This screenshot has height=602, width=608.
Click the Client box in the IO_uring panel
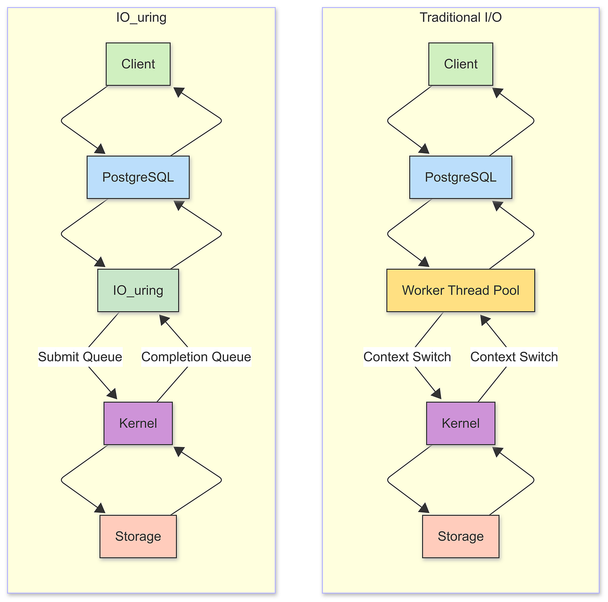pos(138,64)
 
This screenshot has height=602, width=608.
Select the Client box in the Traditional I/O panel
pos(460,64)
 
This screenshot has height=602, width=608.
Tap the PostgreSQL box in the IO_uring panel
pos(138,177)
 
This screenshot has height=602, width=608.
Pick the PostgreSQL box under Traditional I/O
pos(460,177)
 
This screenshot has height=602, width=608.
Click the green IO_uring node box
pos(138,290)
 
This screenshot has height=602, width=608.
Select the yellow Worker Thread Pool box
pos(460,290)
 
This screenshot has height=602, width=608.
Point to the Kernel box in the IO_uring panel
pos(138,423)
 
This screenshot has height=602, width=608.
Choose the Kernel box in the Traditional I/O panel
pos(460,423)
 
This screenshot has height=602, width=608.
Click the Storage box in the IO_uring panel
pos(138,536)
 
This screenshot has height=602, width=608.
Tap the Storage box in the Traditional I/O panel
pos(460,536)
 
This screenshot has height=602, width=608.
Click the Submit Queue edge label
pos(80,357)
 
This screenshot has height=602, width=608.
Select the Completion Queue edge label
pos(196,357)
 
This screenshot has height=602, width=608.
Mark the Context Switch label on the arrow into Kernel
pos(407,357)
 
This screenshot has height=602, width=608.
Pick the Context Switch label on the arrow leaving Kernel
pos(514,357)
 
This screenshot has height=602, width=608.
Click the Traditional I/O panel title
pos(460,17)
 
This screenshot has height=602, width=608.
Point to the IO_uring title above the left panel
pos(141,17)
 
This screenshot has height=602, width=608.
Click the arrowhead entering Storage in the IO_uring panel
pos(100,508)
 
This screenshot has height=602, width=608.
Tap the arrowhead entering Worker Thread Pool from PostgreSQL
pos(424,262)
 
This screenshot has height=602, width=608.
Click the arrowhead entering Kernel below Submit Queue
pos(112,394)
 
